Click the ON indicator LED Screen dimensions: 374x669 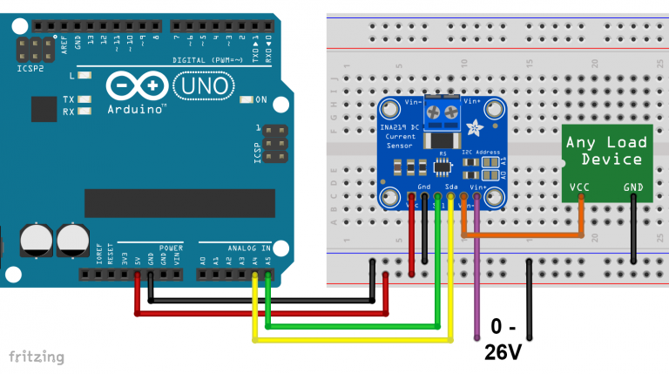coord(247,99)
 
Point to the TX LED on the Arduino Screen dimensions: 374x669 coord(84,99)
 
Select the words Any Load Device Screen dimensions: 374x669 coord(606,150)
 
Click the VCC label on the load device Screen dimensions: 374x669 coord(579,187)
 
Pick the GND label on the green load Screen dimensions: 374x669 coord(633,187)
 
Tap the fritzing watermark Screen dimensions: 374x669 coord(36,357)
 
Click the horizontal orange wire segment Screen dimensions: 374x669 coord(523,235)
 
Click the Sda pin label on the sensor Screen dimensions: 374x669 coord(450,187)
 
